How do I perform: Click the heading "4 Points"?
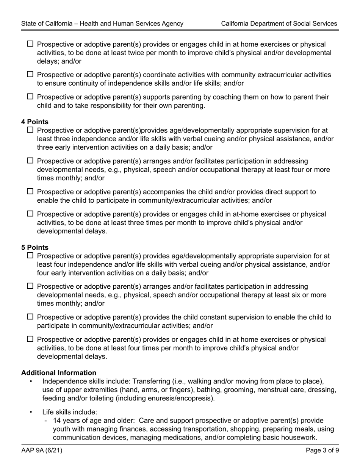pos(35,122)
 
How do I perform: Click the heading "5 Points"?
pos(35,247)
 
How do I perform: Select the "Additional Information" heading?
pos(59,373)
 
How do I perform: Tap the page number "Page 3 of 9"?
pos(322,451)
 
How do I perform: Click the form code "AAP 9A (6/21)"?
pos(42,451)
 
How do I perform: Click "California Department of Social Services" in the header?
pos(279,23)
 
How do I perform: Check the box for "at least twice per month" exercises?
pos(31,44)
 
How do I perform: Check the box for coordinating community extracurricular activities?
pos(31,75)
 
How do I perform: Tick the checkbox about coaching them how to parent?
pos(31,97)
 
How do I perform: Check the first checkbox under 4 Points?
pos(31,130)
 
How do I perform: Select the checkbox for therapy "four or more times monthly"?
pos(31,161)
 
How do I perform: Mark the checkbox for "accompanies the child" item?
pos(31,192)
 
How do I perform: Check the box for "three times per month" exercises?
pos(31,214)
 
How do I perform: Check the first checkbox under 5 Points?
pos(31,256)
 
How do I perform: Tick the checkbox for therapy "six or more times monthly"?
pos(31,286)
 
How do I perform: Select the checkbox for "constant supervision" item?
pos(31,317)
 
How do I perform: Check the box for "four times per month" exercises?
pos(31,339)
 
